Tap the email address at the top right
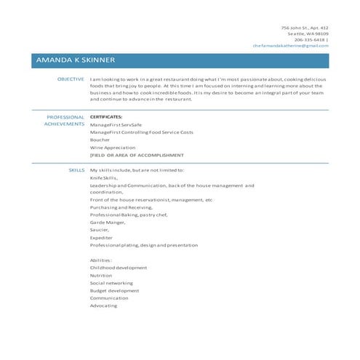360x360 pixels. point(290,45)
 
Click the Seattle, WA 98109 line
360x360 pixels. point(308,33)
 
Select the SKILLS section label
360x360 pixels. point(76,169)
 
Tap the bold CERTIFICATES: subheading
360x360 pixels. point(106,116)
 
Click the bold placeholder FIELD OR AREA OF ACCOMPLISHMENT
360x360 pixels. point(137,155)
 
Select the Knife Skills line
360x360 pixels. point(103,177)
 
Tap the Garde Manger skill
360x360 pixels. point(106,223)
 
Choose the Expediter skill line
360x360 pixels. point(101,237)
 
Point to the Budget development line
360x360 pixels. point(114,290)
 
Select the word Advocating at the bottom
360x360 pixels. point(103,305)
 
